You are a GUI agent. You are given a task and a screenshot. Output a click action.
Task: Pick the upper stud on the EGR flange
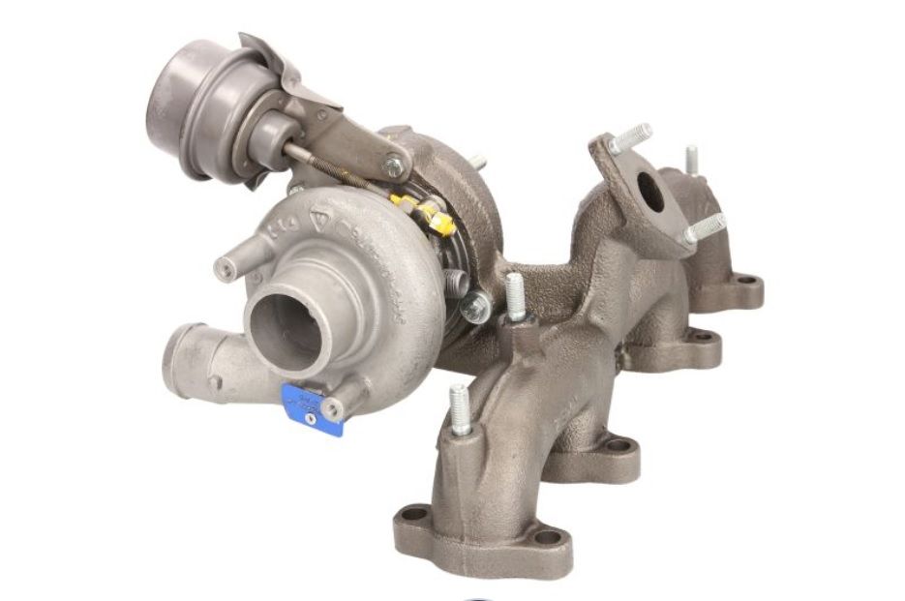click(630, 136)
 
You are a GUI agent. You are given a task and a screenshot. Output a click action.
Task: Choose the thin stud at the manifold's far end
click(691, 160)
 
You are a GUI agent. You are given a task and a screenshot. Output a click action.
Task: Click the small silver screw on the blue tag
click(312, 419)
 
